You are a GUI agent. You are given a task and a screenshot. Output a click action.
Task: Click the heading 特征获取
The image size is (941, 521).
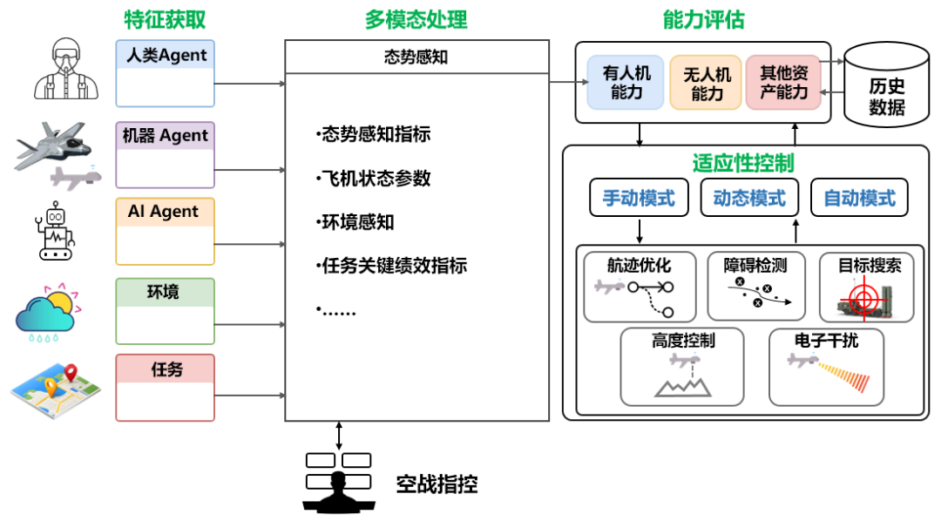pos(166,19)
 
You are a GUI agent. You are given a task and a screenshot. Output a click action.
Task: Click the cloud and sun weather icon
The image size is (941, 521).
pos(47,309)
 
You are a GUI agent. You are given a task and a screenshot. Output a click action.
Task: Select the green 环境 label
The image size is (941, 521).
pos(165,292)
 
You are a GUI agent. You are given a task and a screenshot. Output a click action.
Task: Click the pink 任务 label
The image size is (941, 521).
pos(165,369)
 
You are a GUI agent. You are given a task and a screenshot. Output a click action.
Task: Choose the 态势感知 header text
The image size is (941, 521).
pos(416,58)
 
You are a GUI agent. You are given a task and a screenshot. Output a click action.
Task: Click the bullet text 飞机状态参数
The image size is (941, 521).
pos(374,179)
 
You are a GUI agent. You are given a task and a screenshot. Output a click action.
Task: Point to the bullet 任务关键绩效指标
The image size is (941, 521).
pos(392,265)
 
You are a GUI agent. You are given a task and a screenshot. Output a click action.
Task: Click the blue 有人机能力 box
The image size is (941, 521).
pos(626,84)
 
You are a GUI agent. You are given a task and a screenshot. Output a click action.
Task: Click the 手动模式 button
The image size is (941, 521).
pos(639,198)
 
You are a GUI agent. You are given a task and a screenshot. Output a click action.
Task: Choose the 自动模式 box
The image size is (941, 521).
pos(859,198)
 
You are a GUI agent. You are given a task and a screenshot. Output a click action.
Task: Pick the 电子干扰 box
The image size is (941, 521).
pos(826,366)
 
